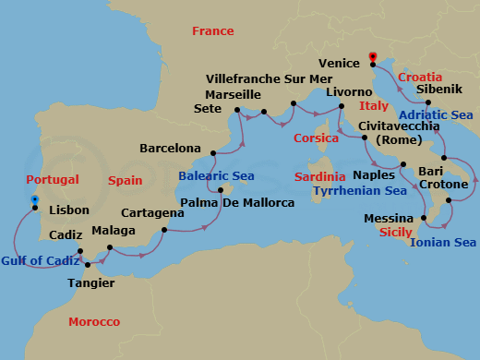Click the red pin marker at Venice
click(x=372, y=55)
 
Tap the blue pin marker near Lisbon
click(x=34, y=199)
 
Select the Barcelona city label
click(x=170, y=148)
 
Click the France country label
click(x=212, y=31)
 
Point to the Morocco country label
click(x=94, y=321)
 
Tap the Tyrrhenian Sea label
click(x=359, y=191)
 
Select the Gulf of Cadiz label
click(x=38, y=261)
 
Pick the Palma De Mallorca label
click(x=237, y=202)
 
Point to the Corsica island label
click(x=316, y=138)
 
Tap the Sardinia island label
click(x=319, y=175)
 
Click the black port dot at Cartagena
click(x=164, y=230)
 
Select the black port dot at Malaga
click(x=110, y=247)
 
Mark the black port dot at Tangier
click(x=90, y=265)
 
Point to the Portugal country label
click(x=53, y=179)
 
